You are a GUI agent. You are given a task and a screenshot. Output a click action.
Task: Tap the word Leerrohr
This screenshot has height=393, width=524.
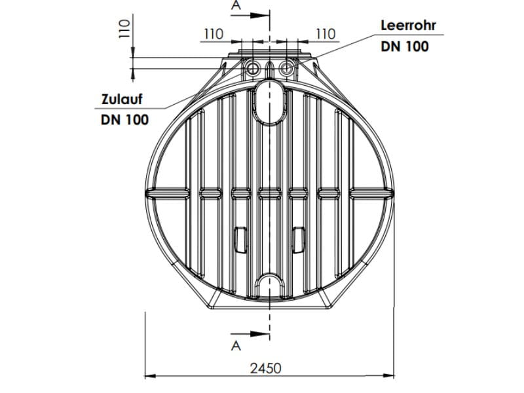[408, 26]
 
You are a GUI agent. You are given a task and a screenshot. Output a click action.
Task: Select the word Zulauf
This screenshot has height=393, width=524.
[121, 100]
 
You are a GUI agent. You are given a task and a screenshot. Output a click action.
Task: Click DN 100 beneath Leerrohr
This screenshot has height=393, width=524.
[405, 46]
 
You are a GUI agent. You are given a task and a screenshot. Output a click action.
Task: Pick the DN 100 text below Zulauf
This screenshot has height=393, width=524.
[124, 119]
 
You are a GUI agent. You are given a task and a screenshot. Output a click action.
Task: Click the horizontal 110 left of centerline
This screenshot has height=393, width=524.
[214, 33]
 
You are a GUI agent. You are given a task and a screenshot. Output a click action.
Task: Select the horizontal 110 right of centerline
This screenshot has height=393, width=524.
[325, 33]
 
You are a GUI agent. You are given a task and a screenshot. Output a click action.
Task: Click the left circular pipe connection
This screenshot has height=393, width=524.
[252, 69]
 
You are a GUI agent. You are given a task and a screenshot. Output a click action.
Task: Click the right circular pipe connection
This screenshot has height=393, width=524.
[286, 69]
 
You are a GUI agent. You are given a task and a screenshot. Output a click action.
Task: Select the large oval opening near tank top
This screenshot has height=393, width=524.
[269, 102]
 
